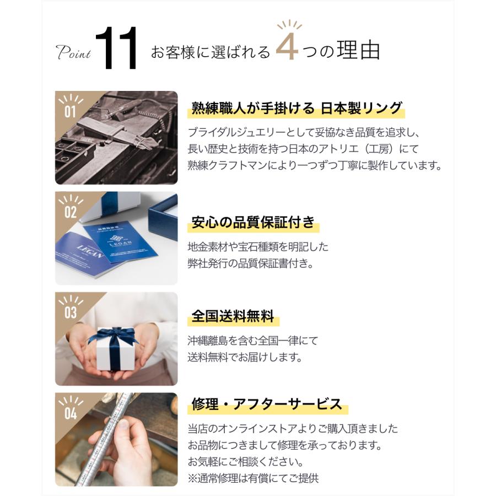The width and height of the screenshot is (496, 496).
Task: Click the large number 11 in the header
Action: tap(117, 51)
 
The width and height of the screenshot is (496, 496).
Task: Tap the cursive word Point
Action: tap(74, 53)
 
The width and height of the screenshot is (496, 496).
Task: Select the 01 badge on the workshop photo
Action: tap(70, 110)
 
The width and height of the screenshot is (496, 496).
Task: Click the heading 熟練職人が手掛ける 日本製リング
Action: tap(296, 108)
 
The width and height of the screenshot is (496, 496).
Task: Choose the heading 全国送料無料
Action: tap(233, 317)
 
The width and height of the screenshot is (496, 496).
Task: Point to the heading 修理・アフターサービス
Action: tap(267, 405)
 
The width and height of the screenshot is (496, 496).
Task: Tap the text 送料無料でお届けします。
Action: tap(245, 357)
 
